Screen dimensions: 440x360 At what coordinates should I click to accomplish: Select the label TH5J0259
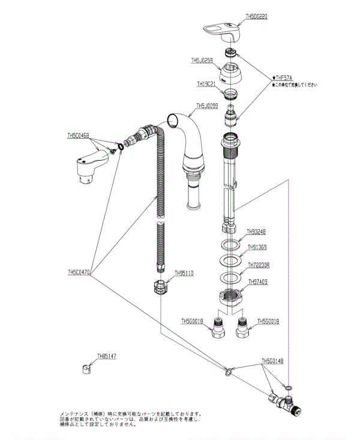(202, 60)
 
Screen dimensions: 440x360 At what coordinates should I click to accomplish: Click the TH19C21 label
(207, 85)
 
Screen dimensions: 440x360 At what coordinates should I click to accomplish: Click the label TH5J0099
(208, 107)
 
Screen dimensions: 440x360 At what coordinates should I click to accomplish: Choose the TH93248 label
(257, 231)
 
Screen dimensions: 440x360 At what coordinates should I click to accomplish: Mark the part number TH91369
(257, 247)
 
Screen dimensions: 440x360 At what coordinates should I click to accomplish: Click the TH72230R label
(259, 264)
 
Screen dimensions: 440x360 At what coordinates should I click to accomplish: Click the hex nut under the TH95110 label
(159, 286)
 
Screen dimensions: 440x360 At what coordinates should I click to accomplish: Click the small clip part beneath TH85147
(85, 368)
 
